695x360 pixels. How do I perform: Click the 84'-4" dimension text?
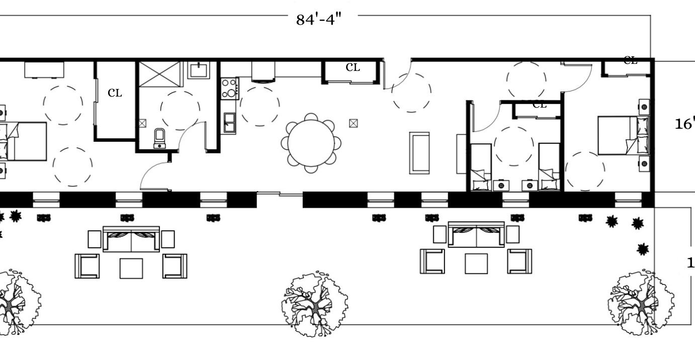[319, 19]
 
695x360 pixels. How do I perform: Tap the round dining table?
[311, 143]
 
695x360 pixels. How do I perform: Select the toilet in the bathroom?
[160, 138]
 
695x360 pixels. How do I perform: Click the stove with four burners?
[230, 88]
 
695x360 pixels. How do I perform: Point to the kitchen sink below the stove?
[229, 122]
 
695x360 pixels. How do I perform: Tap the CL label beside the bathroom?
[115, 93]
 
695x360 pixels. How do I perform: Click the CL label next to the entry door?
[353, 67]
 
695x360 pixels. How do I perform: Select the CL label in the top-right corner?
[630, 61]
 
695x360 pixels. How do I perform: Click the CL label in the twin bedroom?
[539, 105]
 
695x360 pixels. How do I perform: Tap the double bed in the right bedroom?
[623, 135]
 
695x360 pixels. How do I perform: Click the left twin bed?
[481, 167]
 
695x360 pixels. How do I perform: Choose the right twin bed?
[549, 167]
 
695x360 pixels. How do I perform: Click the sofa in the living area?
[419, 153]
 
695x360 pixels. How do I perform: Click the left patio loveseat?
[131, 239]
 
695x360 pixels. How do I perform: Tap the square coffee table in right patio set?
[476, 263]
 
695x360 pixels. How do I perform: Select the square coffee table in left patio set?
[131, 268]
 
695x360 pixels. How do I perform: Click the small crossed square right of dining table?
[354, 123]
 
